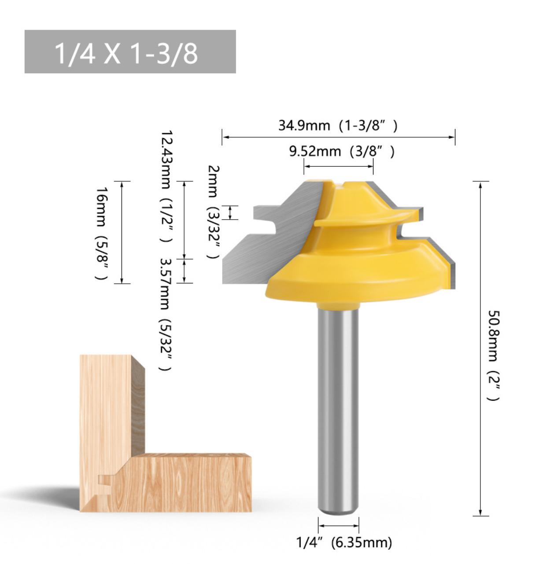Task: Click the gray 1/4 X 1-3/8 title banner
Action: click(130, 52)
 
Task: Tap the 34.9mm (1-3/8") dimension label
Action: click(337, 125)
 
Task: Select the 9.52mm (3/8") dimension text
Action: click(341, 151)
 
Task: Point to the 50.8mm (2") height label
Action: click(493, 355)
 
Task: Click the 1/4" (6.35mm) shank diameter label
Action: click(344, 542)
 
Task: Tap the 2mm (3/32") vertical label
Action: click(214, 211)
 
